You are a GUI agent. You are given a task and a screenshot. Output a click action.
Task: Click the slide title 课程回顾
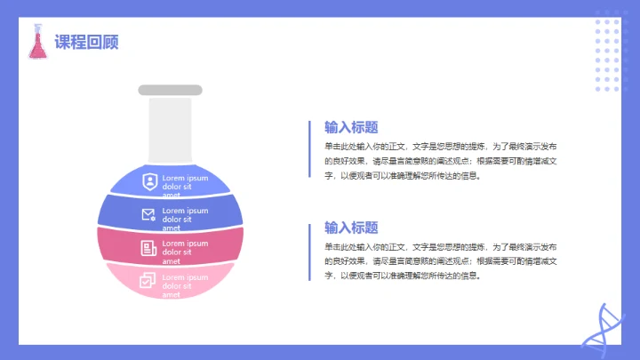(86, 42)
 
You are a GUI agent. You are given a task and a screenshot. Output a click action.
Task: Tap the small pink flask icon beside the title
(37, 42)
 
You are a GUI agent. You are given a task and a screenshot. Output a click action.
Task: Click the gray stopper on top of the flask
(171, 90)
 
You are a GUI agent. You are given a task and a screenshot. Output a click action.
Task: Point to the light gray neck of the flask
(171, 129)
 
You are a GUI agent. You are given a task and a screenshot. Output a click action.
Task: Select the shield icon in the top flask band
(149, 182)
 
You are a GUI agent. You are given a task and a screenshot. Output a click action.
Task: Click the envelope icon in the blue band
(148, 214)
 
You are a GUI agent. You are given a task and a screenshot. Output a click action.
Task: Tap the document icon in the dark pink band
(148, 248)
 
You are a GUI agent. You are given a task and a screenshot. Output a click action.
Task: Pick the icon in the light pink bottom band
(148, 280)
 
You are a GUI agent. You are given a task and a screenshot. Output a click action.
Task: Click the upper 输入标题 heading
(351, 126)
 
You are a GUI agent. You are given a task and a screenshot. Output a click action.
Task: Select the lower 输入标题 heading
(351, 227)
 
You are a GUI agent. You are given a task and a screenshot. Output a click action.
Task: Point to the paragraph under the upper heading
(441, 160)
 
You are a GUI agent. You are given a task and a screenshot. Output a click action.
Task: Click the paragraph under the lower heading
(441, 260)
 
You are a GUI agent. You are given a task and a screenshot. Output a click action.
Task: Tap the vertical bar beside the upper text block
(309, 149)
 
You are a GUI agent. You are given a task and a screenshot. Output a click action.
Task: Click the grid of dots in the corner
(607, 55)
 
